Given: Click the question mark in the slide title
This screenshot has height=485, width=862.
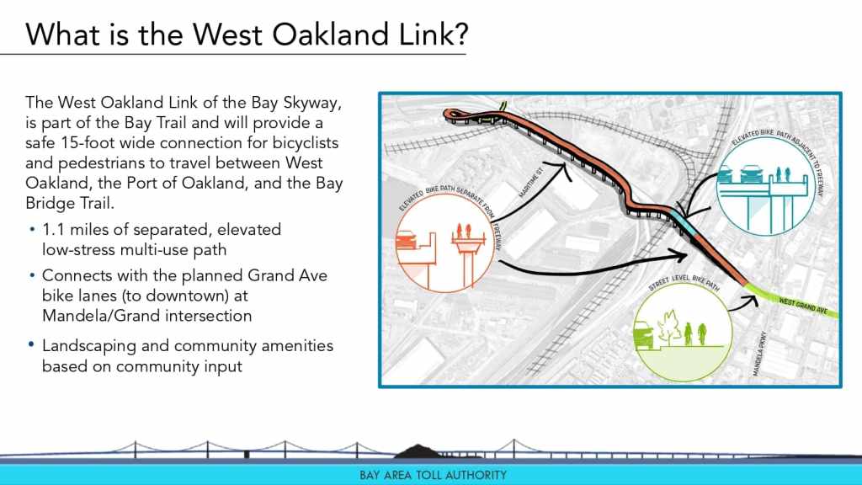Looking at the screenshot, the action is coord(460,34).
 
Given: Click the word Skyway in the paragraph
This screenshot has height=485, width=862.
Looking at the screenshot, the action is coord(312,103).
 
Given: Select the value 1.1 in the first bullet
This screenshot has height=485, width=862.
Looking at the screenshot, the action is coord(53,229).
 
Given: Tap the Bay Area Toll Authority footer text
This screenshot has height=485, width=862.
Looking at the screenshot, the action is coord(434,475).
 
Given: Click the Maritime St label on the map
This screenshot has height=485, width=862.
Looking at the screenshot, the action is coord(530,182).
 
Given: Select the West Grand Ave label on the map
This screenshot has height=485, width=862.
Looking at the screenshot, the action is coord(803,306).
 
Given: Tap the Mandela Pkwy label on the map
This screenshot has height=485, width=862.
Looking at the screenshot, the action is coord(759,354).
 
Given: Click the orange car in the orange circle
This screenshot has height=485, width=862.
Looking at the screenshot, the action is coord(407,240).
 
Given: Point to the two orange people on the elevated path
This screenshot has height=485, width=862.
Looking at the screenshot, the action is coord(464,232).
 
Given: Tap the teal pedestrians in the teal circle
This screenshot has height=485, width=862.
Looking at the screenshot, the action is coord(784,173).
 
